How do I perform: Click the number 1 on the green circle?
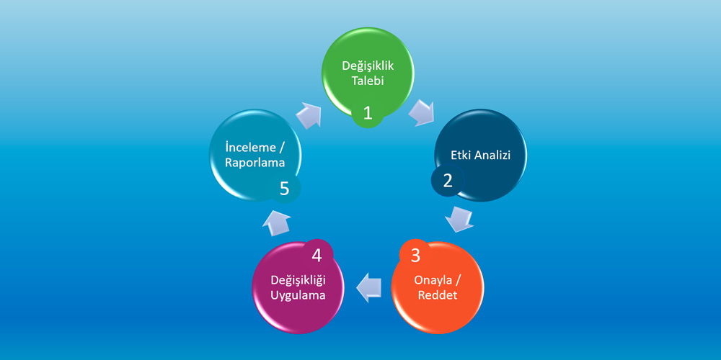(x=368, y=112)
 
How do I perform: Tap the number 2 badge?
(x=448, y=180)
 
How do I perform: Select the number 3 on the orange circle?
(x=415, y=256)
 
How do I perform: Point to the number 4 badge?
(x=317, y=256)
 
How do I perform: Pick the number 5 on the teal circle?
(x=284, y=188)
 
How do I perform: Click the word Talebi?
(x=368, y=81)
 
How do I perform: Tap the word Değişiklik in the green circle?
(x=368, y=66)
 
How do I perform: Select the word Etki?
(x=461, y=156)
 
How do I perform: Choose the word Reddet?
(x=438, y=295)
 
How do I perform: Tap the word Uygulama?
(x=298, y=295)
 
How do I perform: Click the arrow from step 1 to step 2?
(x=421, y=112)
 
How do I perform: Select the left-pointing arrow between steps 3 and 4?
(x=369, y=288)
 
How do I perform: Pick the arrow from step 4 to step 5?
(x=276, y=223)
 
